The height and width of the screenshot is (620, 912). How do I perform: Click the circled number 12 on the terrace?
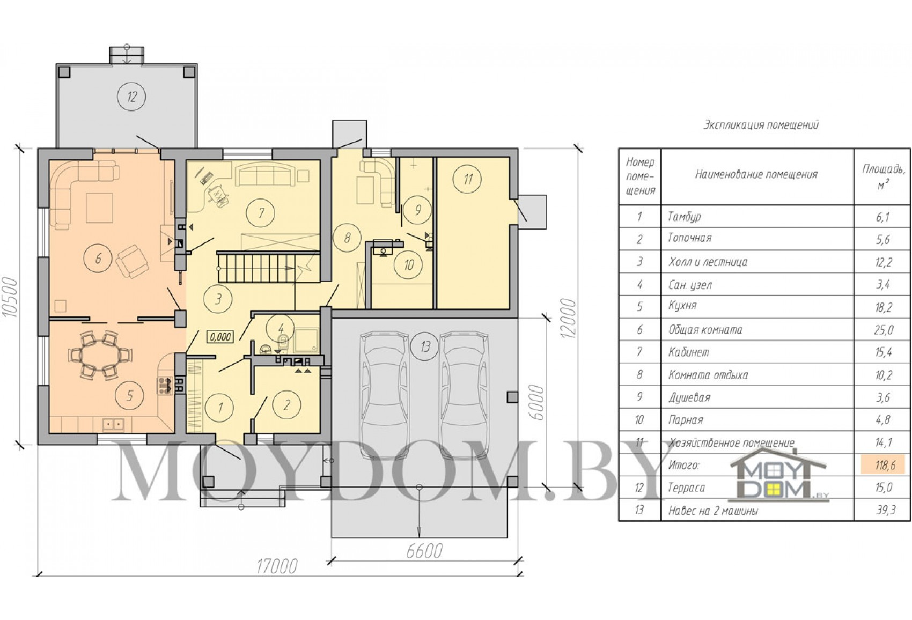(131, 97)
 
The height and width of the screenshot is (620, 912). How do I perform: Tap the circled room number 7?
(261, 212)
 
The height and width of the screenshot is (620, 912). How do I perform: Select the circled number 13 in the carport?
(425, 347)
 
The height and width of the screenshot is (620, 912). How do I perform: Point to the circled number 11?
(468, 179)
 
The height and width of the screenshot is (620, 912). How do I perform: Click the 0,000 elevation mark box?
(220, 337)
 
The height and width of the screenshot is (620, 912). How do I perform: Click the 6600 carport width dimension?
(424, 551)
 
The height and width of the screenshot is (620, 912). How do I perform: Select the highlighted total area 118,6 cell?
(882, 465)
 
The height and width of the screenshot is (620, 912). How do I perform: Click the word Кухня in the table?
(682, 306)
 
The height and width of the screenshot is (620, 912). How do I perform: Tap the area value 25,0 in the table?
(882, 329)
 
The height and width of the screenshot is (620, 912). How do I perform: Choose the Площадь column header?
(882, 177)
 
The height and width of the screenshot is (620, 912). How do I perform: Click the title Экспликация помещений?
(761, 124)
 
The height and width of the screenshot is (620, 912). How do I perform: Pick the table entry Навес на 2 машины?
(713, 511)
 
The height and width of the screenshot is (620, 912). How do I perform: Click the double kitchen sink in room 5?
(114, 424)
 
